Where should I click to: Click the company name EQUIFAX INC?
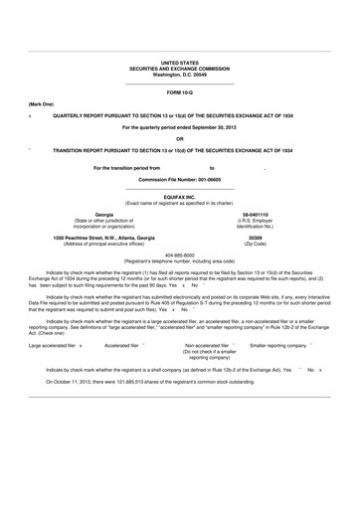point(180,197)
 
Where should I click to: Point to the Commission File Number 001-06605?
point(180,179)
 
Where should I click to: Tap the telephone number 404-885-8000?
point(180,254)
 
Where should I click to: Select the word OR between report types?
point(180,138)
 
